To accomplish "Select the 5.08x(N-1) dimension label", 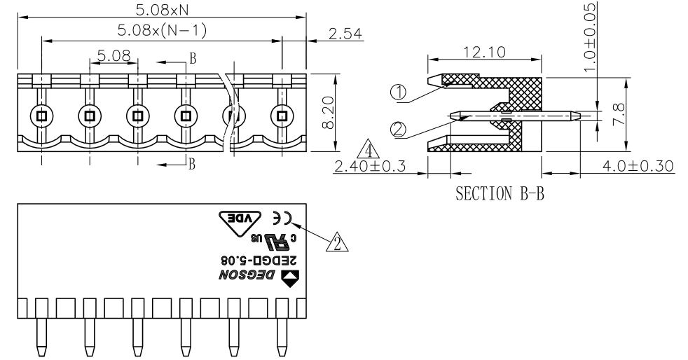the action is [x=162, y=30].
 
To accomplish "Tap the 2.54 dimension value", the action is [x=345, y=34].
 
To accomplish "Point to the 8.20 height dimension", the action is [x=328, y=112].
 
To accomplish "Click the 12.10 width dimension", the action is [x=484, y=53].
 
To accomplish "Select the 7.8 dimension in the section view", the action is [x=618, y=114].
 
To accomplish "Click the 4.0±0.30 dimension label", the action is [x=638, y=166].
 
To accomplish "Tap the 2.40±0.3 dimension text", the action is [x=370, y=166].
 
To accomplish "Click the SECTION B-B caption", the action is [x=500, y=193].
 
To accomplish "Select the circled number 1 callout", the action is [x=399, y=92].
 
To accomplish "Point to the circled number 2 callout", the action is [x=399, y=130].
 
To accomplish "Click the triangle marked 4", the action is [x=369, y=150].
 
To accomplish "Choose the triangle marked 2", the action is [x=337, y=243].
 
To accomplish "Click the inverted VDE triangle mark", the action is [x=240, y=222].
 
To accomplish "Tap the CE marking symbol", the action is [x=283, y=218].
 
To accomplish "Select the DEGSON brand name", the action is [x=247, y=275].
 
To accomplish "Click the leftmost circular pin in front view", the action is [x=41, y=116].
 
